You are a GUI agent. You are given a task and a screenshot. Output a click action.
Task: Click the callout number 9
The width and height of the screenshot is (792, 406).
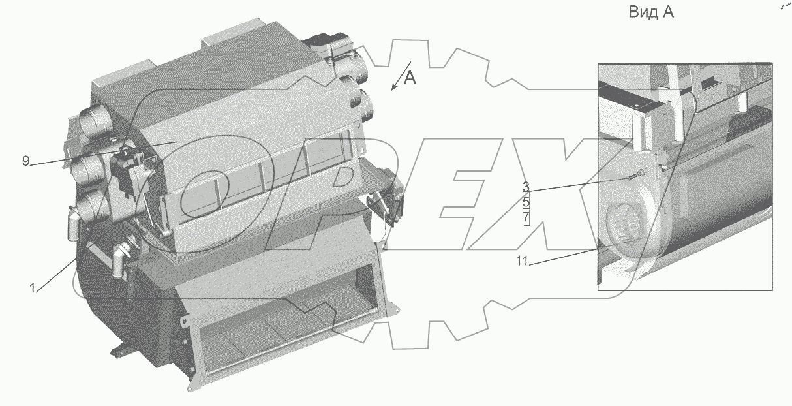[26, 161]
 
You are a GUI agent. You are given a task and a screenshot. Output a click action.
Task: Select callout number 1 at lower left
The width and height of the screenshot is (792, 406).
[32, 288]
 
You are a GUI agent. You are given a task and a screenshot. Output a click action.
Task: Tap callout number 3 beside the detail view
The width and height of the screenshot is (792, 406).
[526, 187]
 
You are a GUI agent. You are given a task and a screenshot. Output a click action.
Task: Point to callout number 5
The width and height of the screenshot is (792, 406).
[526, 202]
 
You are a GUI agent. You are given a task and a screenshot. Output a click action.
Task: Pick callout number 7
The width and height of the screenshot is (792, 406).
[526, 217]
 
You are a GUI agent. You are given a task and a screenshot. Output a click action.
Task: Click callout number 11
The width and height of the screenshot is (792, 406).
[522, 261]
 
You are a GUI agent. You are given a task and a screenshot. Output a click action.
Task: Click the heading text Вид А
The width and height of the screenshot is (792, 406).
[651, 12]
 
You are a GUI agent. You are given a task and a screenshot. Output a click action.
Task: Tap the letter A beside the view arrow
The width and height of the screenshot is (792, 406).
[410, 78]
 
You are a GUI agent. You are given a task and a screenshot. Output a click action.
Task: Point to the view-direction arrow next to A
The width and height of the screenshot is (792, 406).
[401, 76]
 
